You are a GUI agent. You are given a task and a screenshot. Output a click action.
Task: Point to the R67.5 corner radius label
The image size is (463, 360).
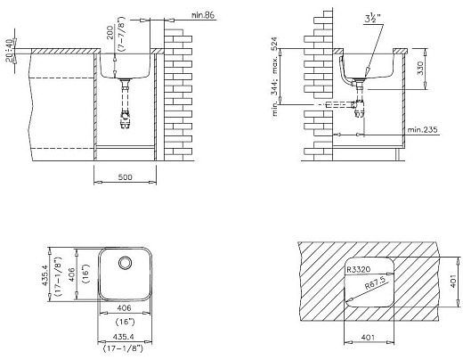(x=375, y=285)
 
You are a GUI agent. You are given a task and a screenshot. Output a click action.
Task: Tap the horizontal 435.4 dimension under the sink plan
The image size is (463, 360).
(x=124, y=337)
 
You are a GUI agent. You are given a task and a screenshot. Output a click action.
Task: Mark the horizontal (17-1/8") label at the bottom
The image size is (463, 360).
(x=124, y=349)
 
